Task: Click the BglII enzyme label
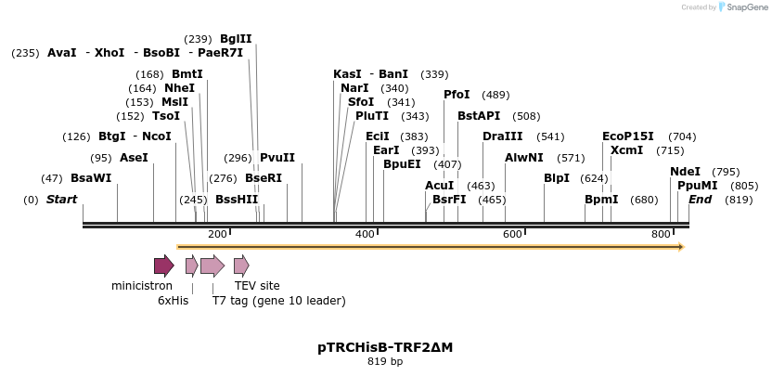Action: click(236, 39)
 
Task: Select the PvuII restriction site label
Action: click(277, 158)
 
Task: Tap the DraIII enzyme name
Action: click(502, 136)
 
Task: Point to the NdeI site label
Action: click(685, 172)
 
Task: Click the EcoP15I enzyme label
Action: click(628, 136)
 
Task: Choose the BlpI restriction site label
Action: click(557, 178)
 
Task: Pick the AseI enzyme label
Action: click(134, 158)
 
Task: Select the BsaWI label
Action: click(91, 178)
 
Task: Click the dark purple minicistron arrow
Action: click(164, 266)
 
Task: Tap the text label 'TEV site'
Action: click(257, 286)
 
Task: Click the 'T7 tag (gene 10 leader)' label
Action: click(278, 301)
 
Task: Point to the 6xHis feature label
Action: click(173, 301)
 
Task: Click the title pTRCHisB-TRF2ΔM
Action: click(385, 347)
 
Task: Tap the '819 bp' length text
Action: click(385, 362)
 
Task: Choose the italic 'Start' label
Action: click(62, 200)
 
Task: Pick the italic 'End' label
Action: click(700, 200)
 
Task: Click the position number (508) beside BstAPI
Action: click(526, 116)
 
